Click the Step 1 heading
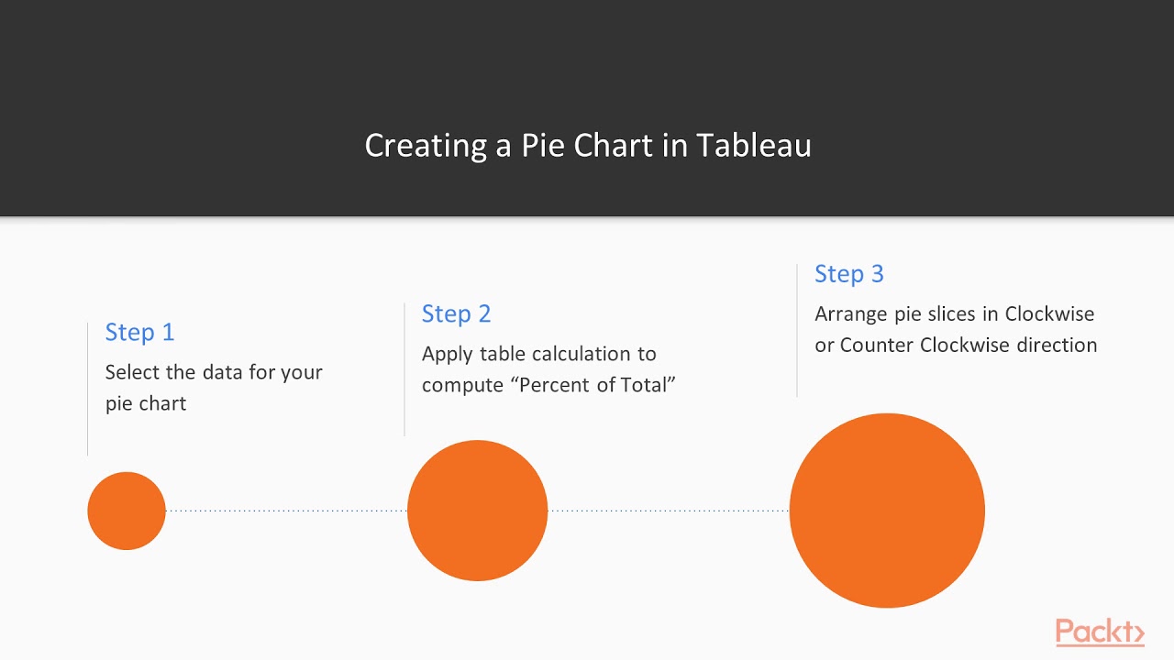(x=139, y=332)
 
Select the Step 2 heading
(x=456, y=313)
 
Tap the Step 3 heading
(x=848, y=273)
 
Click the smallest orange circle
(x=127, y=511)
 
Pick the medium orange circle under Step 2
(x=477, y=511)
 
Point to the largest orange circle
(x=887, y=511)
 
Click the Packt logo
(x=1099, y=632)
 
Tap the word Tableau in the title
(x=753, y=145)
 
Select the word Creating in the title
(x=426, y=145)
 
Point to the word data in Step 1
(x=220, y=372)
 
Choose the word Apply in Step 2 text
(x=448, y=354)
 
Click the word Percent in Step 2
(x=556, y=385)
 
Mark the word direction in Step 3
(x=1057, y=345)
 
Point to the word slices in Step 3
(x=948, y=313)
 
